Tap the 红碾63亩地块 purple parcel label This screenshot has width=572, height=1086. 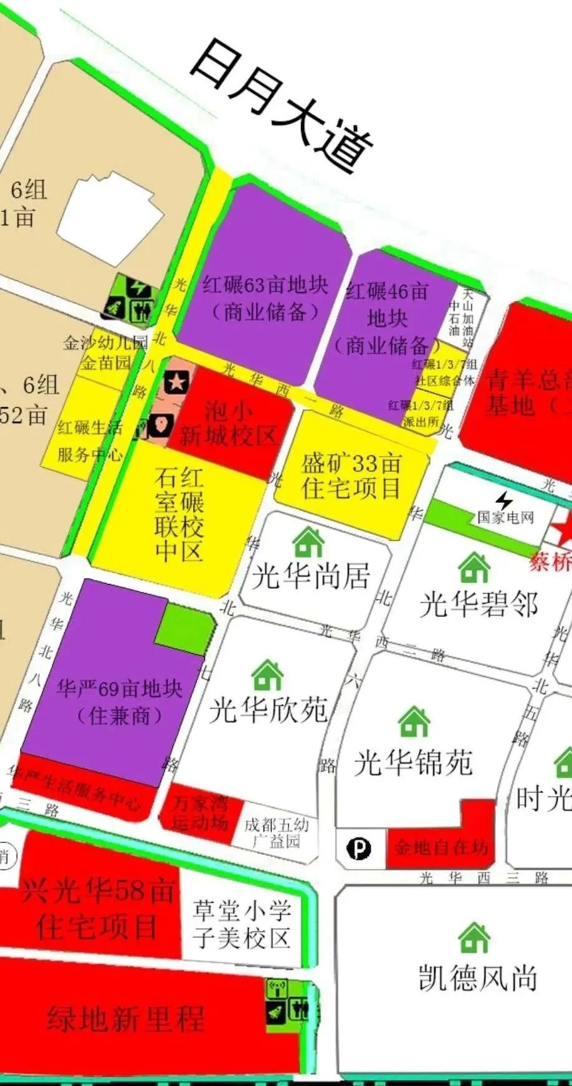265,298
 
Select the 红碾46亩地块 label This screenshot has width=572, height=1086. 387,318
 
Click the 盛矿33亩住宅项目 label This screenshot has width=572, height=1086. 351,476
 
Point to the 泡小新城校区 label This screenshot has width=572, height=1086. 228,424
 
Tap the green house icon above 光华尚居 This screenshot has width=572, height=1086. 308,541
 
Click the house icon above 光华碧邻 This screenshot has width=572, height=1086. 474,568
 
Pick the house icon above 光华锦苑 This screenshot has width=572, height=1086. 414,722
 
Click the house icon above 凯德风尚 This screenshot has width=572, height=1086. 474,937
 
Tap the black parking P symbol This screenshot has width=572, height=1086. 358,849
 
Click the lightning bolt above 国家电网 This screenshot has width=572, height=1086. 504,500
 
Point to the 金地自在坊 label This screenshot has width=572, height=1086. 440,847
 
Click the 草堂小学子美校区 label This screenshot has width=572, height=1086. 242,924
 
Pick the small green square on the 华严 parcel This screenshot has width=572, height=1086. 184,629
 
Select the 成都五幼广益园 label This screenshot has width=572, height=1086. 275,832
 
